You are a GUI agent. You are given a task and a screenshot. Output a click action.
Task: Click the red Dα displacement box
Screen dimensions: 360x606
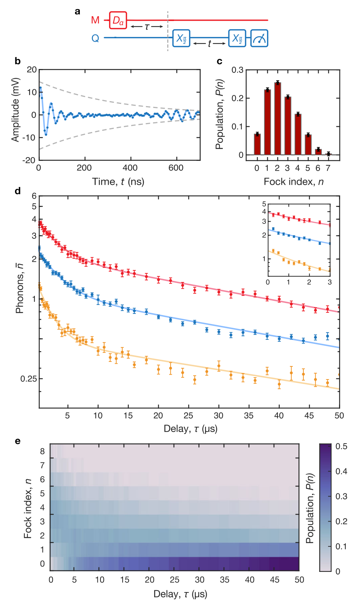click(118, 20)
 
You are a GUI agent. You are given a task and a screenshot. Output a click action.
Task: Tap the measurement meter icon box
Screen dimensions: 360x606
click(259, 38)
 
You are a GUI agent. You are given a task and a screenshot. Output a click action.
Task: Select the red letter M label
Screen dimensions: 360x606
click(95, 20)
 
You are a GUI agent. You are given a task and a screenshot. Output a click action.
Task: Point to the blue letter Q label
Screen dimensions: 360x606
click(95, 38)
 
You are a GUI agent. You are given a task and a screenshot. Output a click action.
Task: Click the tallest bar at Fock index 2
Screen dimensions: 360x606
click(277, 118)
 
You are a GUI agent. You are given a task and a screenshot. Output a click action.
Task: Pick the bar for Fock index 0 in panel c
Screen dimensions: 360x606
click(257, 144)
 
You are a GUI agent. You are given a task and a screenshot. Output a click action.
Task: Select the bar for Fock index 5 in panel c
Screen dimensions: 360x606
click(308, 144)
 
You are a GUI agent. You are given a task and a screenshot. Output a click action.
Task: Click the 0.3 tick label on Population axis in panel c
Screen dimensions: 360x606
click(237, 70)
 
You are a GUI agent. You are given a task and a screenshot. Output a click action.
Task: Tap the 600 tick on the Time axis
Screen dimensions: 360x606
click(176, 168)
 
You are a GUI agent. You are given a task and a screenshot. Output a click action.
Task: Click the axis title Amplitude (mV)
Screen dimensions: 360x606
click(15, 109)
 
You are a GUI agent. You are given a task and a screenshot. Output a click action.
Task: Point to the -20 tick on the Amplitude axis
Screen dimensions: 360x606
click(29, 160)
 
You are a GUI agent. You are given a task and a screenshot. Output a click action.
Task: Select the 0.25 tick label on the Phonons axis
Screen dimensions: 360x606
click(28, 379)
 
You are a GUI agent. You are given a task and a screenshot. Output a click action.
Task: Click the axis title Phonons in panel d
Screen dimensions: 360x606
click(19, 288)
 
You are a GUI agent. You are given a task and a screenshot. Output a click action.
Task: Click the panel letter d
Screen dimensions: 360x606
click(18, 191)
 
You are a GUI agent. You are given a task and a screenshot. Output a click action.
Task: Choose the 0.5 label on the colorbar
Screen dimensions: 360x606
click(341, 446)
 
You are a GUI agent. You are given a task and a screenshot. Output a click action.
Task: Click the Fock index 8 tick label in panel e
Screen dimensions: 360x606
click(42, 451)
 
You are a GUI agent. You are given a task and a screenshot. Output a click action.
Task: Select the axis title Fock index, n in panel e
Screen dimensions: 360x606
click(28, 508)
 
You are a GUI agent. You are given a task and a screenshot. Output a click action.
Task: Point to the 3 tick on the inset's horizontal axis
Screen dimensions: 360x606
click(330, 282)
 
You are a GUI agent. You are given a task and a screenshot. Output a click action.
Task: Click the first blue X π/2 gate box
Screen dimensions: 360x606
click(181, 38)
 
